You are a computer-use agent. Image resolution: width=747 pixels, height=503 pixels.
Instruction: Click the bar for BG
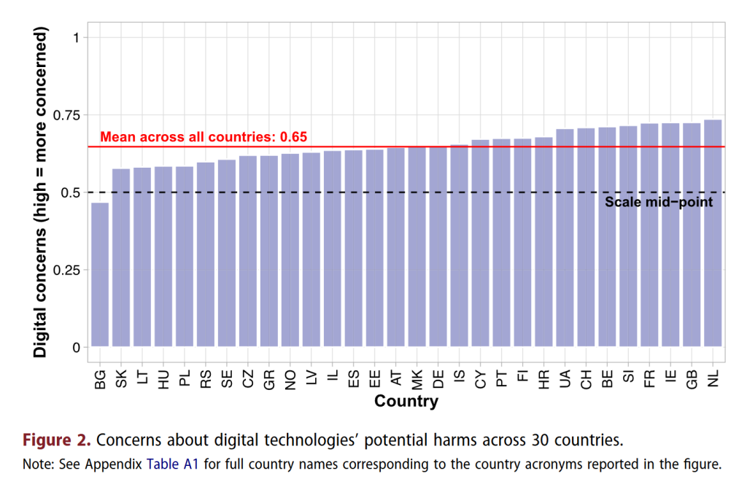[100, 275]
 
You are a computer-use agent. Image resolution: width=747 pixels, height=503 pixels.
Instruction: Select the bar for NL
[713, 233]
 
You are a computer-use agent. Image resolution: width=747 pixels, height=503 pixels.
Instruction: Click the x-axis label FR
[649, 379]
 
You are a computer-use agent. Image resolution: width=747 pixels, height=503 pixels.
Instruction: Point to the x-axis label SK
[121, 379]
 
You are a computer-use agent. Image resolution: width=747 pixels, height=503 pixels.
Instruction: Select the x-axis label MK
[417, 379]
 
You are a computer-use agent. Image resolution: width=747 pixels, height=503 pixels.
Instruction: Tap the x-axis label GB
[692, 379]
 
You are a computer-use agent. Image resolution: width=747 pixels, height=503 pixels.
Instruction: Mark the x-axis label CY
[480, 379]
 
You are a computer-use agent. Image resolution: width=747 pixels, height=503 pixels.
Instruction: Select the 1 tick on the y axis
[76, 38]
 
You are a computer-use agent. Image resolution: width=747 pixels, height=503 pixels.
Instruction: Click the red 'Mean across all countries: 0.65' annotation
[204, 136]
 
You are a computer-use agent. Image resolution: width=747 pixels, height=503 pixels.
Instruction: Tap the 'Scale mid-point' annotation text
[658, 202]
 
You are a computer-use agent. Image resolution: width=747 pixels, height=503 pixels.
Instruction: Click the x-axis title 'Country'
[406, 402]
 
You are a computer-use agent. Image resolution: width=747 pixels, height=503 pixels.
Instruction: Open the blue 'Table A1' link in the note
[173, 464]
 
